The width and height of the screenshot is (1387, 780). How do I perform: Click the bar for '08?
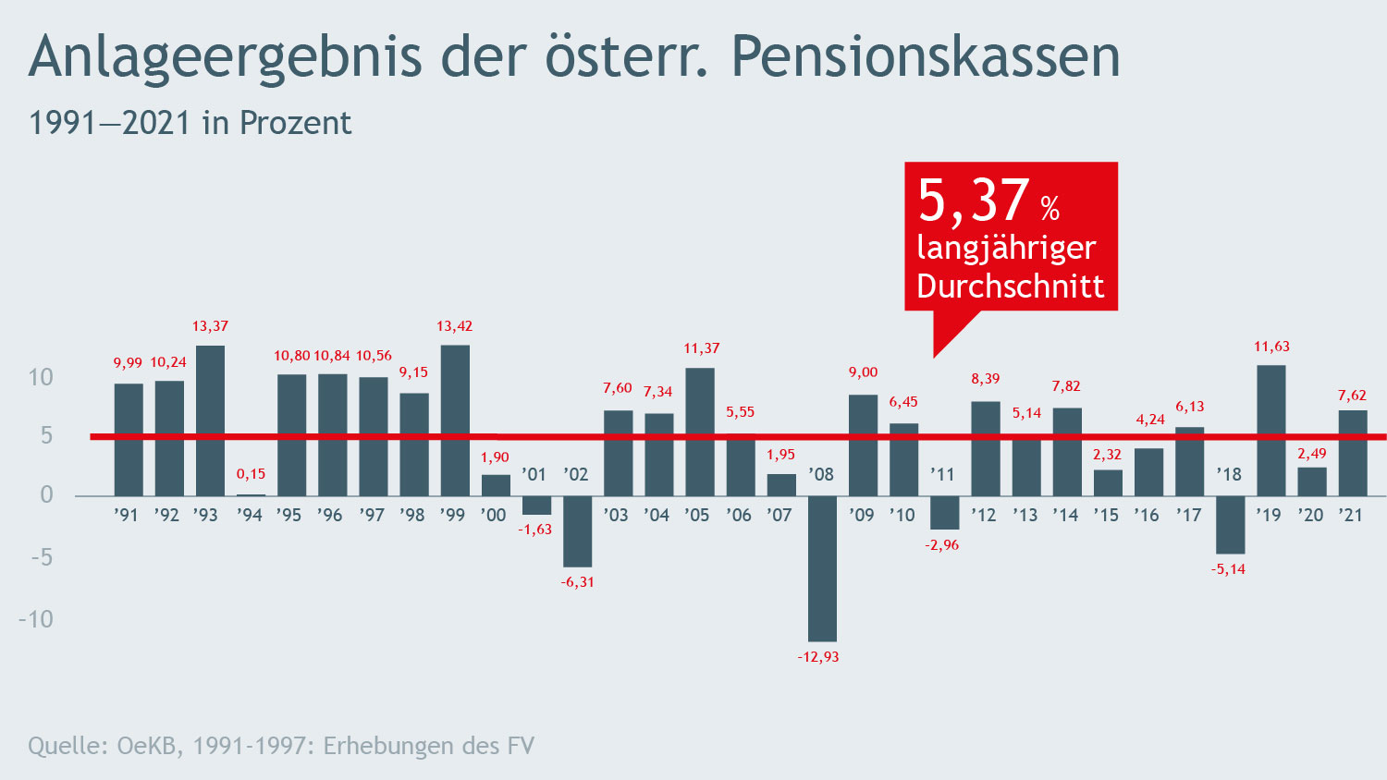coord(822,568)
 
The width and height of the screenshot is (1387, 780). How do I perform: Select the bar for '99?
coord(455,420)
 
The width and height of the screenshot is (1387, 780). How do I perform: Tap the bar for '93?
coord(210,420)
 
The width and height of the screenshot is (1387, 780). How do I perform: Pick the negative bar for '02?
coord(577,531)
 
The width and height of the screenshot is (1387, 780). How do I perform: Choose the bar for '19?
coord(1270,431)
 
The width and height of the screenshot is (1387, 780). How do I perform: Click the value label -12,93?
coord(818,657)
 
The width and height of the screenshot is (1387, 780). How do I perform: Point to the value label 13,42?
coord(455,326)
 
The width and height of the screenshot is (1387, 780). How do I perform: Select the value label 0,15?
coord(251,474)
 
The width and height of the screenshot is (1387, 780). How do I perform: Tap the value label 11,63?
coord(1271,347)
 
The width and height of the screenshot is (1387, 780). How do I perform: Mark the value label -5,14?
coord(1229,569)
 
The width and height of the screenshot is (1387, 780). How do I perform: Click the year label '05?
coord(697,515)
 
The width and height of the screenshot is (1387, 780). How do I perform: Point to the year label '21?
coord(1352,515)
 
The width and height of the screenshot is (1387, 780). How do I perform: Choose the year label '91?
coord(126,515)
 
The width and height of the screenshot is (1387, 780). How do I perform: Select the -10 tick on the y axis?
coord(36,619)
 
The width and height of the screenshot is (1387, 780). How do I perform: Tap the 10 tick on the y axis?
coord(41,377)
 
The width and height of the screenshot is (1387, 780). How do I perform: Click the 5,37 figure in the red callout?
coord(973,201)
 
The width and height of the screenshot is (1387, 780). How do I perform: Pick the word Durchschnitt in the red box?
coord(1010,286)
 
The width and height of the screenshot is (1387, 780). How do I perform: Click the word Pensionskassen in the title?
coord(926,56)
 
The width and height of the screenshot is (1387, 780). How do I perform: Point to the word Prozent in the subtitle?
coord(295,123)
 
